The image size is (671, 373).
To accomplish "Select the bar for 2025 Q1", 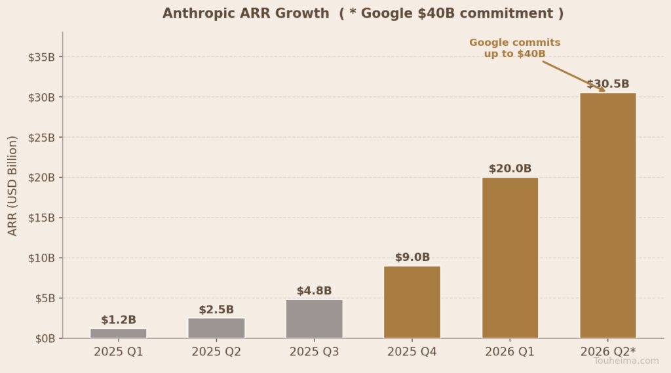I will click(x=119, y=333).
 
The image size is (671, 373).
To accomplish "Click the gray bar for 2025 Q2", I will click(x=216, y=328).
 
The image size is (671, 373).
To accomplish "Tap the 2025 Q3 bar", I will click(x=314, y=319).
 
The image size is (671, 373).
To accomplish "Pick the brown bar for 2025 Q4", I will click(x=412, y=302).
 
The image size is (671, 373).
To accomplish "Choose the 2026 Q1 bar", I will click(x=510, y=258).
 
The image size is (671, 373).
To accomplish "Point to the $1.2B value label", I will click(x=119, y=320).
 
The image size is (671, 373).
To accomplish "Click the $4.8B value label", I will click(x=314, y=291).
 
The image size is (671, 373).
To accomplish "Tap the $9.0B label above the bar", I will click(x=412, y=258).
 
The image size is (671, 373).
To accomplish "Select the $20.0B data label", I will click(x=510, y=169).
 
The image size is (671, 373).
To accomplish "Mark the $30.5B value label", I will click(x=607, y=85).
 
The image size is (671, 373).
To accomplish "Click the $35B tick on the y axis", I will click(x=41, y=57).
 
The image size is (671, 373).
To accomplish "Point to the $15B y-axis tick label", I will click(x=41, y=218).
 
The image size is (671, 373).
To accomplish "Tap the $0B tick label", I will click(x=44, y=338).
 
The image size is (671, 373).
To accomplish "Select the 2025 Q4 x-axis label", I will click(x=412, y=352).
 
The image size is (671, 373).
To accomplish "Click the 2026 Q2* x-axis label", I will click(x=607, y=352).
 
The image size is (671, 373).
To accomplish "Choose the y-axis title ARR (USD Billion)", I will click(x=13, y=186).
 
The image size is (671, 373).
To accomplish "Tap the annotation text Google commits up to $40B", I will click(x=514, y=48).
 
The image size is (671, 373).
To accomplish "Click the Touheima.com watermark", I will click(x=626, y=361).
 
